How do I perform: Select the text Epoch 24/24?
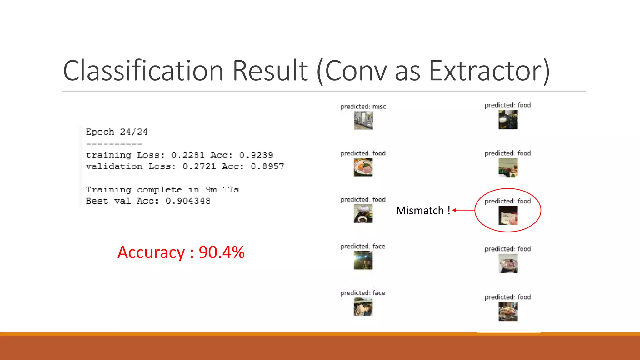117,132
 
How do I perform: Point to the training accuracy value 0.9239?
256,155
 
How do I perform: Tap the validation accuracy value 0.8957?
267,166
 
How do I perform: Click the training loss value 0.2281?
188,155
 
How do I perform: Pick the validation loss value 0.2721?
199,166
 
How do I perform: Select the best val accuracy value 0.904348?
188,201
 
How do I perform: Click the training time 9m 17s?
222,190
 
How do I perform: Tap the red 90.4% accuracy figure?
222,252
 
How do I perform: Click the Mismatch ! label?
423,211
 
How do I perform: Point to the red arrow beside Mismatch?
463,210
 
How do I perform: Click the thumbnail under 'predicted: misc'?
363,120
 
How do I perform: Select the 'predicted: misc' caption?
363,107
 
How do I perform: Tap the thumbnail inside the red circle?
508,216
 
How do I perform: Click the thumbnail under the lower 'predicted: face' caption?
363,307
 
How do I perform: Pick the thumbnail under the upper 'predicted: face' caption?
363,260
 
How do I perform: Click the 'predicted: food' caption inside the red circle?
507,201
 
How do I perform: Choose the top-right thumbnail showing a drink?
508,119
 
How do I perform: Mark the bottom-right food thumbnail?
508,312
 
